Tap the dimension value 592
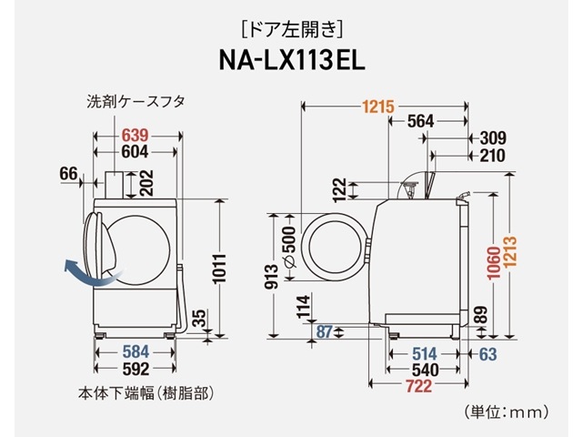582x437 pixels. (135, 370)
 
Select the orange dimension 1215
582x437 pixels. (376, 107)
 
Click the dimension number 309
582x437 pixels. (492, 138)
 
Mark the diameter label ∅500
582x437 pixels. (288, 244)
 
